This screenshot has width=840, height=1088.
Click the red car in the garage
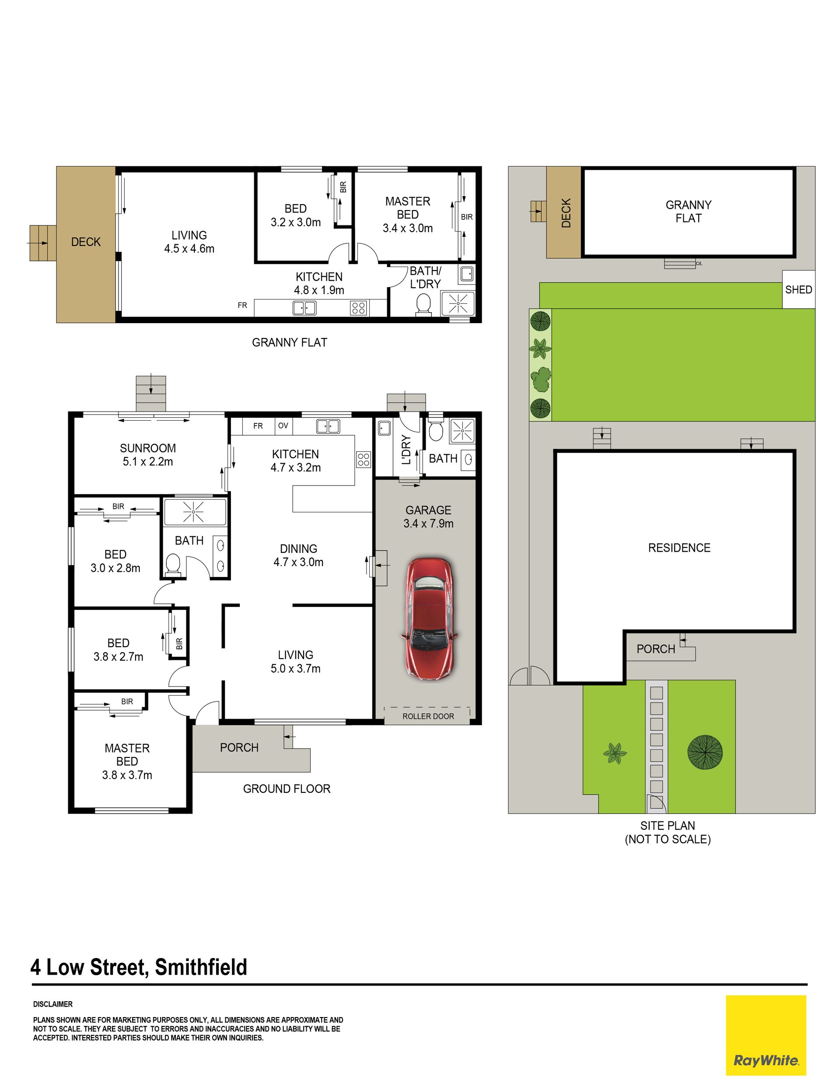click(x=429, y=619)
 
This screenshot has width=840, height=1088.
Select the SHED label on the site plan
click(x=798, y=289)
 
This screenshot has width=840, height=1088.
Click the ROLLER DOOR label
click(x=428, y=716)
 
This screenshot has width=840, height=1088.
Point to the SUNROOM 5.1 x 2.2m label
click(x=148, y=455)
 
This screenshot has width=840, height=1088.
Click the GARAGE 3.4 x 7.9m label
click(x=428, y=517)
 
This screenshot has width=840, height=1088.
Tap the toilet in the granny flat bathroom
click(x=423, y=304)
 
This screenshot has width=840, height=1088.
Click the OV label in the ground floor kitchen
click(x=283, y=426)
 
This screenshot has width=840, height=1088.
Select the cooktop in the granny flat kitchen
click(x=358, y=307)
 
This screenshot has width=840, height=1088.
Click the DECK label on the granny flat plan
click(x=86, y=242)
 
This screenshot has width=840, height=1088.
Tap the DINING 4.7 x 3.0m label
click(x=298, y=555)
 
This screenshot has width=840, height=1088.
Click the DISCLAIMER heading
click(x=53, y=1004)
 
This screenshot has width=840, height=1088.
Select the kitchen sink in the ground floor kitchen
click(x=328, y=426)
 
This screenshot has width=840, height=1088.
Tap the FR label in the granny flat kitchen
click(x=242, y=305)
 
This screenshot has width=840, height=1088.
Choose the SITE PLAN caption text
click(x=668, y=832)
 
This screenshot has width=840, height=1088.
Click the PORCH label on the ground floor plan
click(x=239, y=747)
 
